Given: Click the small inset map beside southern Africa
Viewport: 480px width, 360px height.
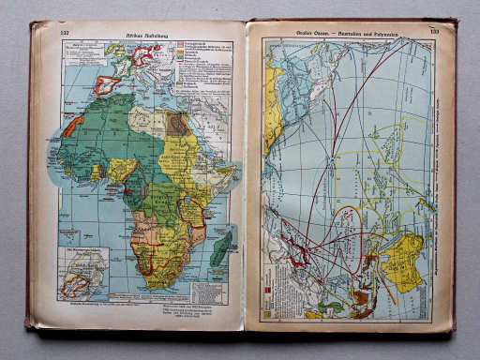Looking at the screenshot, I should [82, 272].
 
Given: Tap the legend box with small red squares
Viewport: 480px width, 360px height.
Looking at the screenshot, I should [278, 297].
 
